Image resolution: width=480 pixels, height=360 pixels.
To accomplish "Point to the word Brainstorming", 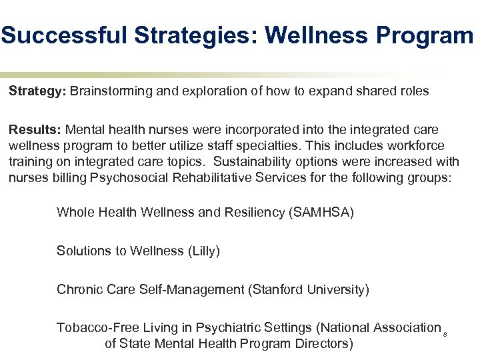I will point(110,91).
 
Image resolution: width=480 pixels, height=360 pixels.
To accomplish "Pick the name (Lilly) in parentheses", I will point(203,251).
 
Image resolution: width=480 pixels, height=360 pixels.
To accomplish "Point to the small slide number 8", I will point(444,333).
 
